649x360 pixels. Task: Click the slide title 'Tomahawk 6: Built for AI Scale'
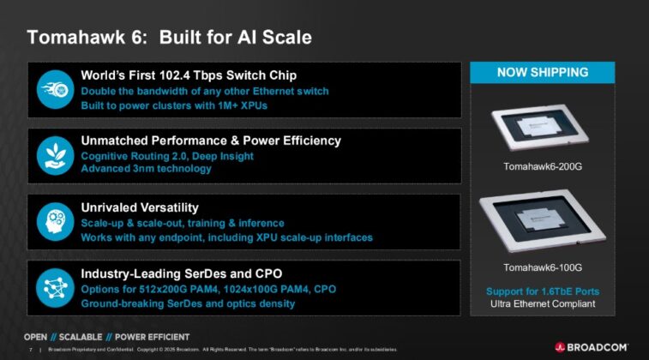pyautogui.click(x=169, y=38)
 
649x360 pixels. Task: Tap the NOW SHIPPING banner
pyautogui.click(x=542, y=73)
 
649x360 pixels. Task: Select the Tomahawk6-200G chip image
pyautogui.click(x=541, y=126)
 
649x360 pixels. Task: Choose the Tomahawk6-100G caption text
pyautogui.click(x=542, y=267)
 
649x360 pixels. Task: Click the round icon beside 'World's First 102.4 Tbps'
pyautogui.click(x=53, y=89)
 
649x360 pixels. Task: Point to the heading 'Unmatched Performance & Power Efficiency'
pyautogui.click(x=210, y=140)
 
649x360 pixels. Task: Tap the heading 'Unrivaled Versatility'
pyautogui.click(x=139, y=207)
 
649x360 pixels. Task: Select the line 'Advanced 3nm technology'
pyautogui.click(x=146, y=169)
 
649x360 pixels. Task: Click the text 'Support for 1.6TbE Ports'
pyautogui.click(x=542, y=291)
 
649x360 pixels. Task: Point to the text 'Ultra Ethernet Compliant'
pyautogui.click(x=542, y=304)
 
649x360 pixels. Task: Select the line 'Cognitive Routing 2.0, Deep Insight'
pyautogui.click(x=166, y=156)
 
